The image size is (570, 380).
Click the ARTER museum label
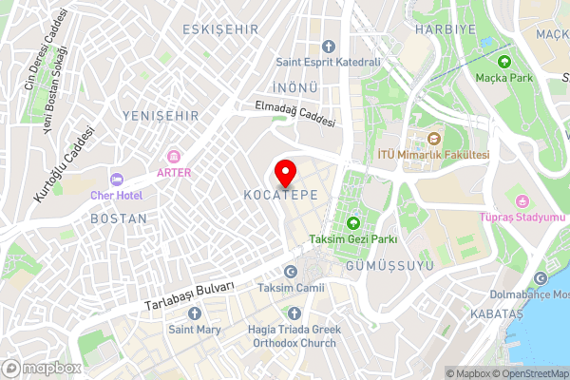pyautogui.click(x=174, y=172)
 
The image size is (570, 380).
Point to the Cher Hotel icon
pyautogui.click(x=116, y=180)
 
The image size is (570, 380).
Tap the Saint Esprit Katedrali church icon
pyautogui.click(x=328, y=47)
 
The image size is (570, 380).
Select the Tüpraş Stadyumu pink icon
pyautogui.click(x=522, y=200)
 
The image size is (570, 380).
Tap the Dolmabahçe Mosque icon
pyautogui.click(x=541, y=278)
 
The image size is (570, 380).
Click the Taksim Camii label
pyautogui.click(x=293, y=288)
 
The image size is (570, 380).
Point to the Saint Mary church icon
pyautogui.click(x=196, y=314)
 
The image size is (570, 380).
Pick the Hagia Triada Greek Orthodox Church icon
pyautogui.click(x=294, y=313)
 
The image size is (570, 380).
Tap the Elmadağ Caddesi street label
pyautogui.click(x=295, y=116)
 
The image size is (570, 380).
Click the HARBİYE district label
pyautogui.click(x=438, y=29)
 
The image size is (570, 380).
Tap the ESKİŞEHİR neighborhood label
pyautogui.click(x=221, y=29)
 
